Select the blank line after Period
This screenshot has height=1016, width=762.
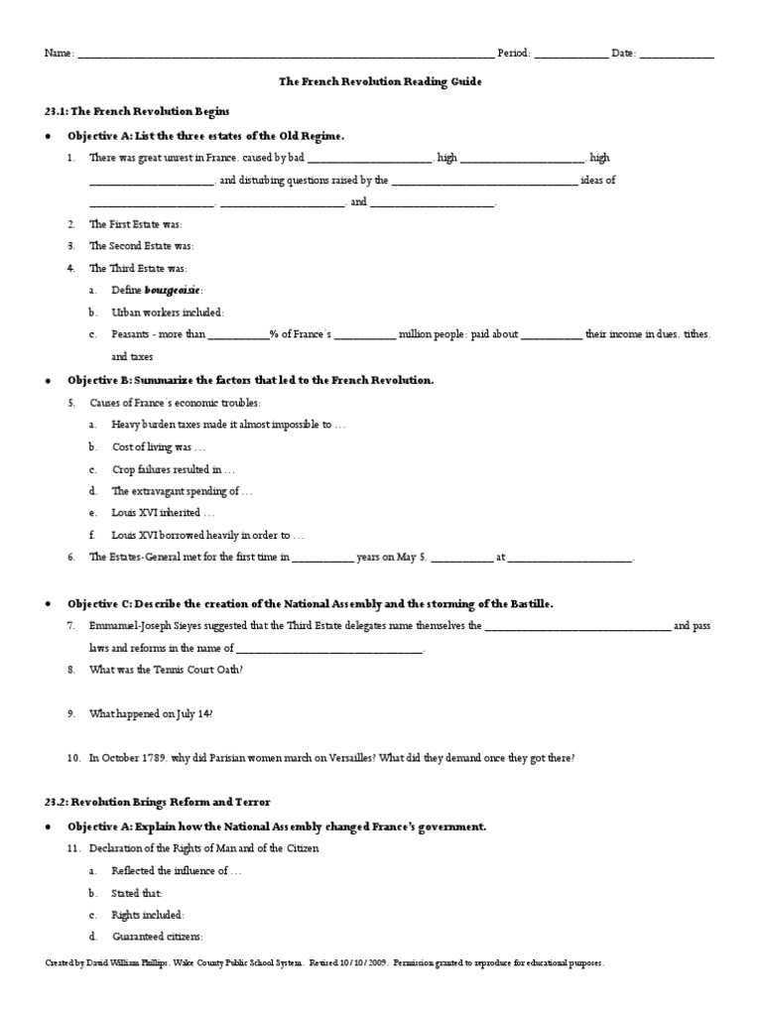tap(571, 56)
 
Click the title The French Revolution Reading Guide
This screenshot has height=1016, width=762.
tap(381, 82)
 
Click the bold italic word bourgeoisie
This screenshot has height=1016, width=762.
tap(173, 290)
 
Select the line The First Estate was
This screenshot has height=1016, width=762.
tap(136, 224)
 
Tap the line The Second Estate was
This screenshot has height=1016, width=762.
tap(141, 246)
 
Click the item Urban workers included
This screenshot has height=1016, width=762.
tap(168, 312)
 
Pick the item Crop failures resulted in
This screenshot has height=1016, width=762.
tap(173, 468)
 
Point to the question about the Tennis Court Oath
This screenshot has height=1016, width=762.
tap(166, 670)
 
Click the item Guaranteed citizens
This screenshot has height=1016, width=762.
tap(158, 936)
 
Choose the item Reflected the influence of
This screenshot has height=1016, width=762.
tap(177, 870)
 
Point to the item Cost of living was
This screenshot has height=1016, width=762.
tap(158, 446)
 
